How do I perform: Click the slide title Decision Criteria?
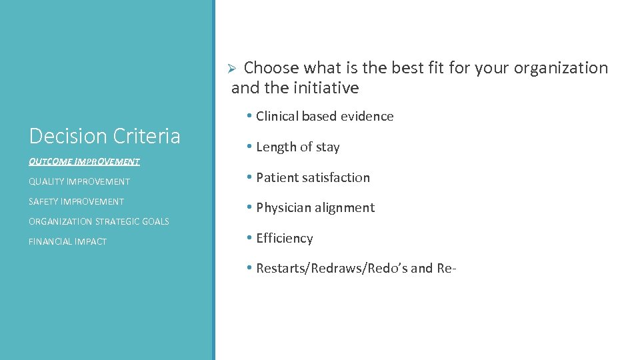(105, 136)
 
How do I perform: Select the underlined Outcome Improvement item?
(84, 161)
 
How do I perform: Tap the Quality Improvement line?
(79, 181)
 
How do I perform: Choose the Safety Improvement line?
(76, 201)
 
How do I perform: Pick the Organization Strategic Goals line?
(99, 221)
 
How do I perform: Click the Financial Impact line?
(67, 241)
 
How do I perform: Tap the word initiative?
(327, 88)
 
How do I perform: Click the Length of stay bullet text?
(297, 147)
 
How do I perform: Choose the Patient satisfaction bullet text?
(313, 177)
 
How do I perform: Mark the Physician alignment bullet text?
(315, 207)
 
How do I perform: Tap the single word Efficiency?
(284, 238)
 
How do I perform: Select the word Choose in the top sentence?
(271, 68)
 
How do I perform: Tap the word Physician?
(285, 207)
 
